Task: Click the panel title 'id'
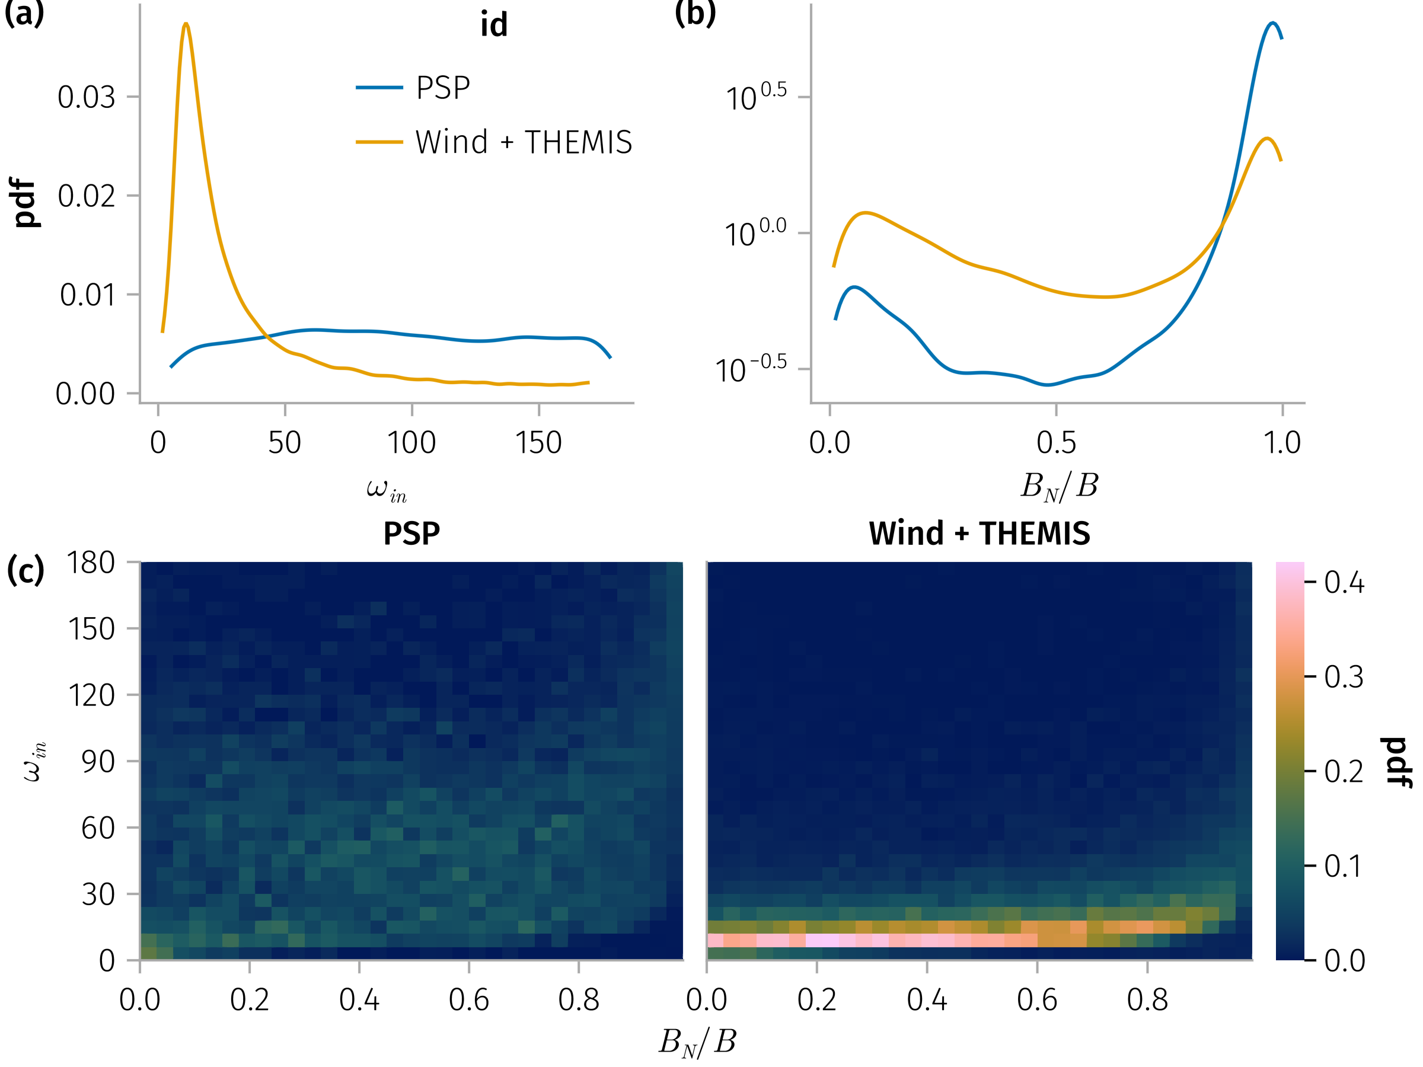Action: pyautogui.click(x=493, y=24)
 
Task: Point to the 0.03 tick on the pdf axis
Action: pyautogui.click(x=86, y=97)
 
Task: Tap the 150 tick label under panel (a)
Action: pyautogui.click(x=538, y=443)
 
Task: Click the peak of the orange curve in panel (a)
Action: pyautogui.click(x=186, y=24)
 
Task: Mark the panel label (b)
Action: pyautogui.click(x=695, y=13)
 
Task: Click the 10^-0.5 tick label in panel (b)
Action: pyautogui.click(x=751, y=370)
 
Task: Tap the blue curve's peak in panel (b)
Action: pyautogui.click(x=1272, y=23)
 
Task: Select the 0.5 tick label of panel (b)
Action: pyautogui.click(x=1055, y=443)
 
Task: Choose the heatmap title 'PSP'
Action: pyautogui.click(x=411, y=533)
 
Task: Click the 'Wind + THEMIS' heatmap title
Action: pyautogui.click(x=979, y=533)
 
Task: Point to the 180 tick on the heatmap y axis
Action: pyautogui.click(x=91, y=563)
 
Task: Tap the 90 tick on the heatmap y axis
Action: pyautogui.click(x=98, y=762)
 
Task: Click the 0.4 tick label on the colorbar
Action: pyautogui.click(x=1344, y=583)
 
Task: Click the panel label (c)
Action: pyautogui.click(x=25, y=570)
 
